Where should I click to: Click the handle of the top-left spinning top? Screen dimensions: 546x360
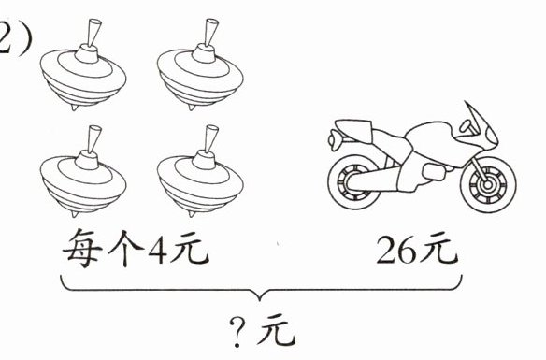coord(93,32)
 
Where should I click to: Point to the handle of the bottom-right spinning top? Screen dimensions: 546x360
coord(210,138)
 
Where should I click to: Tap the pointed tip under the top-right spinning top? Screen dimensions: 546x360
coord(192,108)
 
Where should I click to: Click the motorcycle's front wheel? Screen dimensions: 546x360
coord(488,184)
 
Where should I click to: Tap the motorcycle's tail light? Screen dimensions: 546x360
coord(335,139)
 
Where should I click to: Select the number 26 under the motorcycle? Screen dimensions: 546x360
coord(396,250)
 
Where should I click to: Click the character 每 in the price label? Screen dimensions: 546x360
coord(83,248)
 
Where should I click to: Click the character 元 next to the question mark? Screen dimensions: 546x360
coord(277,329)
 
